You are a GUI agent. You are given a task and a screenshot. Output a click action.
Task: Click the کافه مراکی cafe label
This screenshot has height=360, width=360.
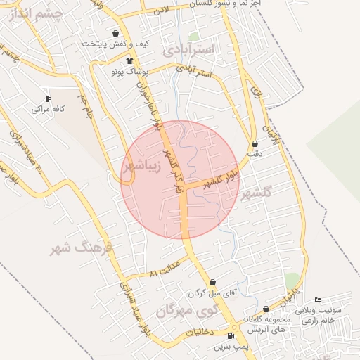48,110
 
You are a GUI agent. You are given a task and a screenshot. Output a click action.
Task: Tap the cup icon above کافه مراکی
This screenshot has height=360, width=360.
48,98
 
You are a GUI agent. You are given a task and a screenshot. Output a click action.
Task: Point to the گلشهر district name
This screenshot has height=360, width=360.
255,195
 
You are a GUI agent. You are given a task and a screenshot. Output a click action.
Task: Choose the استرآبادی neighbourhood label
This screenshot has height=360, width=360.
191,50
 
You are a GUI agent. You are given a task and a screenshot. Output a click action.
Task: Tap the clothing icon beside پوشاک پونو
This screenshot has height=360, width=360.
129,61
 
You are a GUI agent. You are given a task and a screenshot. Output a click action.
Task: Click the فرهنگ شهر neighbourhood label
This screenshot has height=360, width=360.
82,248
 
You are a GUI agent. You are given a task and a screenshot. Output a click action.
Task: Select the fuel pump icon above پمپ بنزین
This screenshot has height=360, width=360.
232,335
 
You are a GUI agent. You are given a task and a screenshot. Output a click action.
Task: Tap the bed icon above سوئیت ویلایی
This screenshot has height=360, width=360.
318,300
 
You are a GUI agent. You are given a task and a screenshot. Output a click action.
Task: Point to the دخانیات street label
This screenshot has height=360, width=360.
203,329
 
